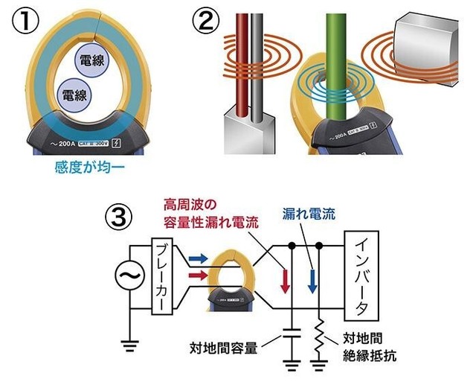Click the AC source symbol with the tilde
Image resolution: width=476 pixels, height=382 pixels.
pyautogui.click(x=126, y=276)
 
